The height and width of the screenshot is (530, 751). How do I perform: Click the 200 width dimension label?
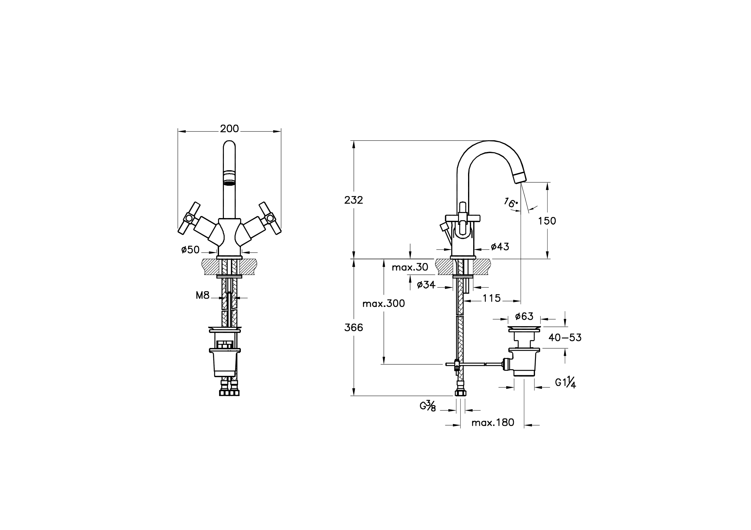point(229,129)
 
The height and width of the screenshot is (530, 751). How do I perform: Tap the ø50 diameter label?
point(190,250)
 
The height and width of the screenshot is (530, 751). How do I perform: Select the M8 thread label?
point(202,296)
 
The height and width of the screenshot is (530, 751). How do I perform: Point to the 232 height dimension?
point(354,200)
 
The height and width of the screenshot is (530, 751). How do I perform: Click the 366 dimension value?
point(354,327)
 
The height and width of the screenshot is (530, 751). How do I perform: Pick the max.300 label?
point(384,304)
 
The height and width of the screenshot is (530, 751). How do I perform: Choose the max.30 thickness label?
point(410,267)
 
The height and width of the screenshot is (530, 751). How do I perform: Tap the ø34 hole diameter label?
point(426,285)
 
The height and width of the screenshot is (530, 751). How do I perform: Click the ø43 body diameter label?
point(500,247)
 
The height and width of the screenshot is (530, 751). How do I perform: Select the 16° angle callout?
point(511,202)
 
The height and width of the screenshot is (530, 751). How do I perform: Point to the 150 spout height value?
point(547,221)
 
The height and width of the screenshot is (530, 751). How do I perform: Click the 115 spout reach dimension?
point(492,298)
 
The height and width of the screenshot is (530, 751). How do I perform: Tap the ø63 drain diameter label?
point(524,316)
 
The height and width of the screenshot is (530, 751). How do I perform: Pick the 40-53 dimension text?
point(565,337)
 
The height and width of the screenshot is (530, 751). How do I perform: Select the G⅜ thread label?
point(428,406)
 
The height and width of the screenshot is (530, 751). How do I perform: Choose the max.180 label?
point(493,423)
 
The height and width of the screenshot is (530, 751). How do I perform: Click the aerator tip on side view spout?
point(520,177)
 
